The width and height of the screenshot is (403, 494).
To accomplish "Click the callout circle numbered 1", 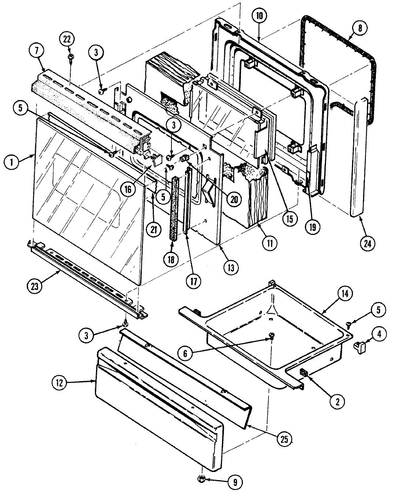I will pyautogui.click(x=12, y=162).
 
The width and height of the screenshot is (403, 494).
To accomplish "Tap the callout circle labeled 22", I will pyautogui.click(x=68, y=39).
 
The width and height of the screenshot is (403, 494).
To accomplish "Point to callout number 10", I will pyautogui.click(x=259, y=16).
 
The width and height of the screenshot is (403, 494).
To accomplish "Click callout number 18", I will pyautogui.click(x=171, y=259).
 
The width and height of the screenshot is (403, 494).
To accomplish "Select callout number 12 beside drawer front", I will pyautogui.click(x=60, y=383).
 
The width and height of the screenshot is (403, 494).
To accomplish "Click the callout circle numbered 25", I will pyautogui.click(x=284, y=439).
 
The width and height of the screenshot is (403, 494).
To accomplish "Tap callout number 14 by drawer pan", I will pyautogui.click(x=347, y=294).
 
